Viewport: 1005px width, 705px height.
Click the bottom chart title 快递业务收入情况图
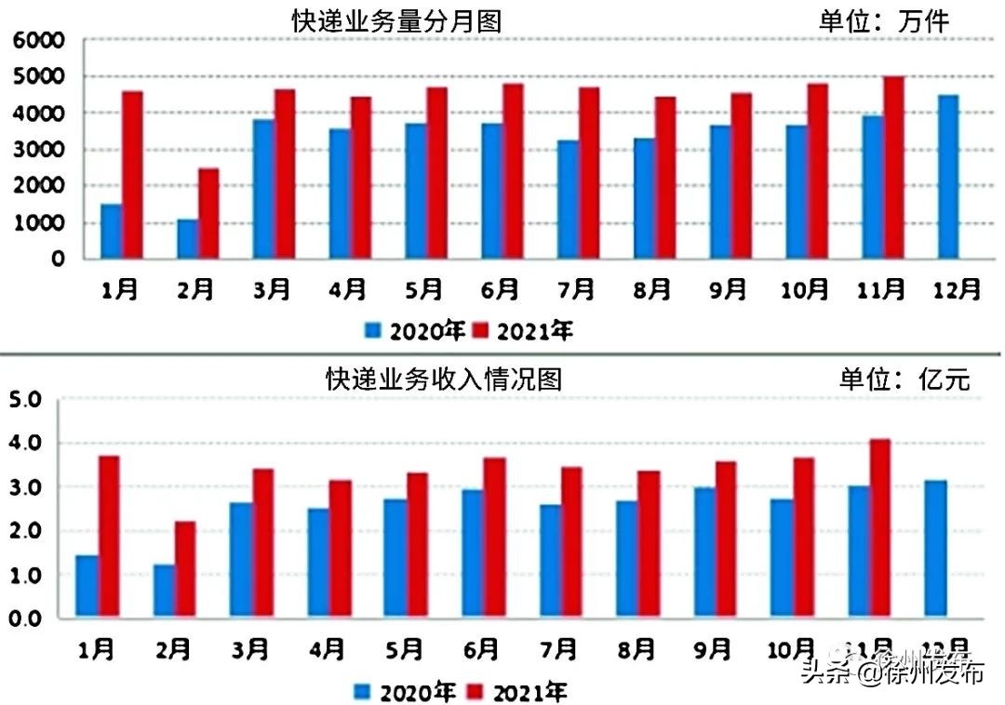pos(444,379)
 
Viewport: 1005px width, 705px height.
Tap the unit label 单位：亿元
pos(904,379)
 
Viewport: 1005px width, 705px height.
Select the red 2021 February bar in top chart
pos(208,213)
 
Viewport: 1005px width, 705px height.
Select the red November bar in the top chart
pos(894,167)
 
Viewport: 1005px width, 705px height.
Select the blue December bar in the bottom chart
pos(935,549)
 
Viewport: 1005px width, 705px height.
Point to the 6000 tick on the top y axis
pos(38,41)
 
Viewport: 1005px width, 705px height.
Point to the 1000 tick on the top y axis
pos(38,223)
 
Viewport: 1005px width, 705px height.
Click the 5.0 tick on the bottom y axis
pos(25,400)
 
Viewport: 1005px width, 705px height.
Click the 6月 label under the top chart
pos(500,290)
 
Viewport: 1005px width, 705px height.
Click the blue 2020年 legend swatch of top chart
pos(374,330)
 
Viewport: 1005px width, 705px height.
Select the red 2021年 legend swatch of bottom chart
pos(476,691)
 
